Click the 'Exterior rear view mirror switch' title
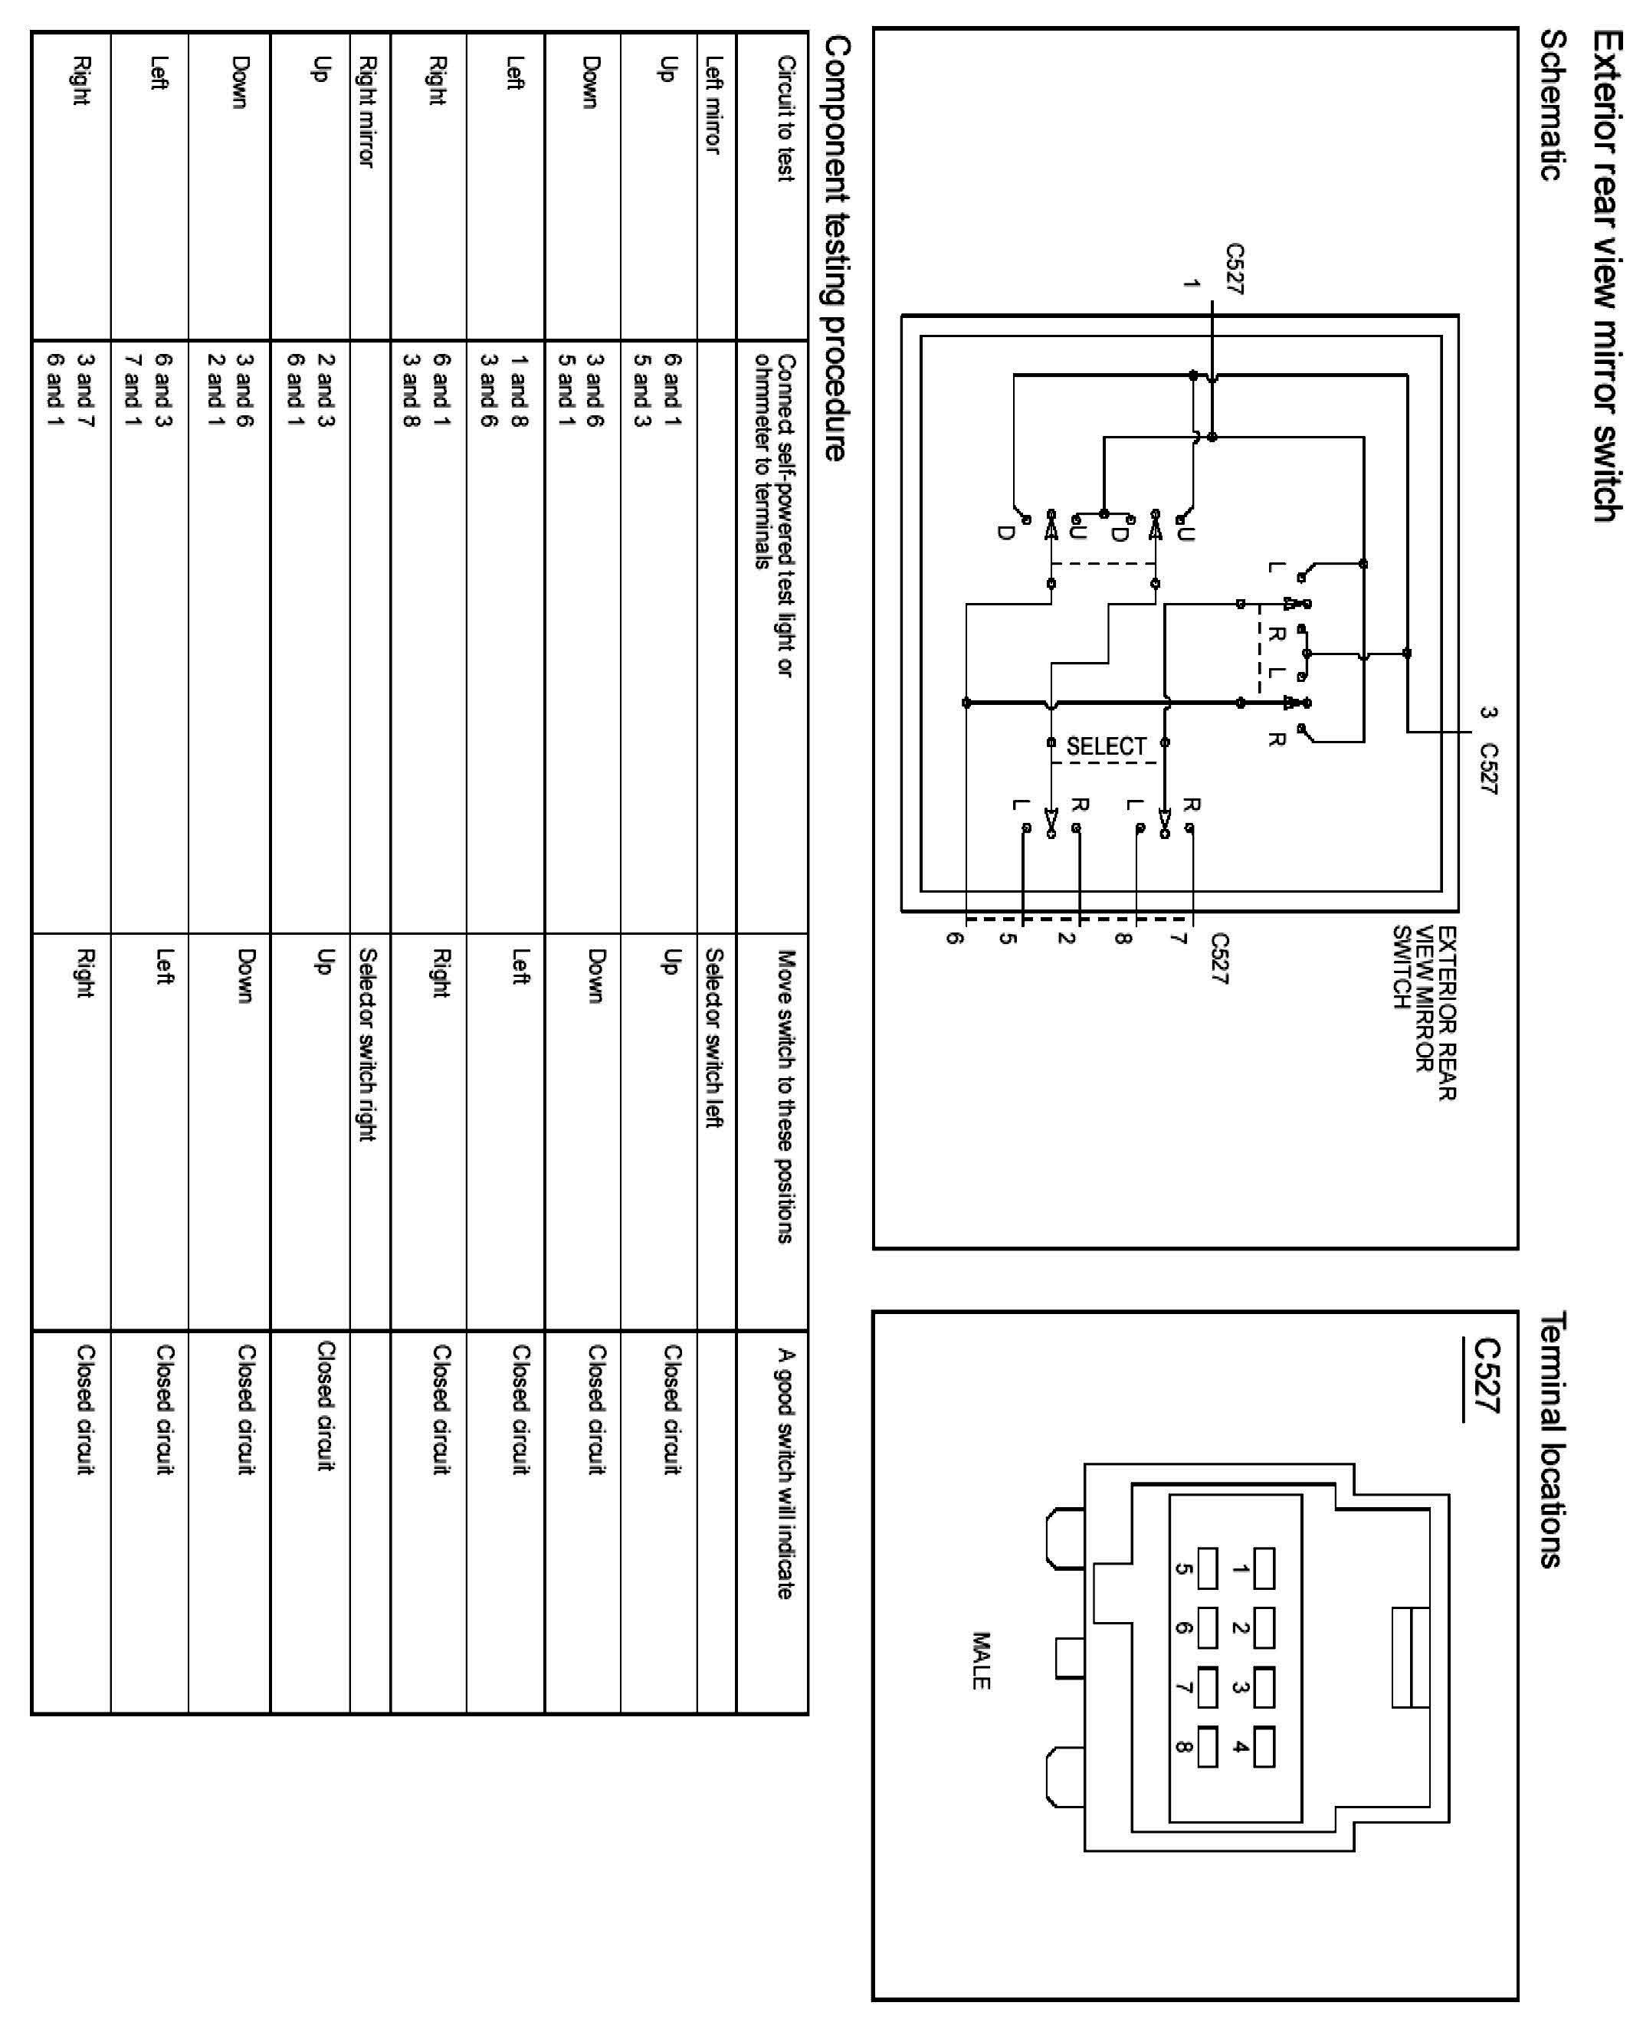(1606, 274)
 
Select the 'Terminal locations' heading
(1552, 1440)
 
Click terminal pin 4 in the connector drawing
(1264, 1747)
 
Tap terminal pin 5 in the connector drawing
(1208, 1568)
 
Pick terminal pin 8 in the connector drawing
(1208, 1747)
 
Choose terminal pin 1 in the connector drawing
(1264, 1568)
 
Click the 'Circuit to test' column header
(785, 118)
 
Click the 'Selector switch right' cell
(368, 1045)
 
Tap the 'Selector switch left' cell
(714, 1038)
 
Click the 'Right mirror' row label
(368, 112)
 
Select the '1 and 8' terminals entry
(519, 388)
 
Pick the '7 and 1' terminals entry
(133, 388)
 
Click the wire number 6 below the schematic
(956, 938)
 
